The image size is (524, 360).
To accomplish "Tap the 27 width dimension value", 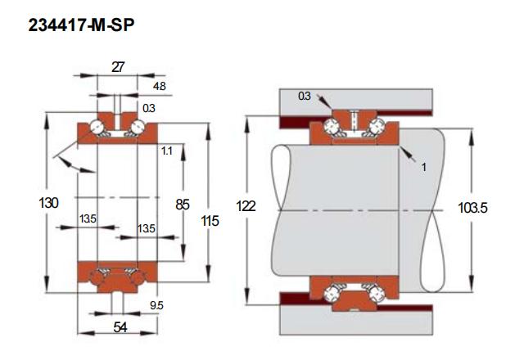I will [x=117, y=68].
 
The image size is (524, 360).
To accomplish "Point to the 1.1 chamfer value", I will [x=166, y=151].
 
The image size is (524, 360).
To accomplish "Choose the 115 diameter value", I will [x=210, y=221].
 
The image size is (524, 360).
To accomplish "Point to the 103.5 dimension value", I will [x=473, y=209].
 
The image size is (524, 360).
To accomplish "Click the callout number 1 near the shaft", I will [x=424, y=167].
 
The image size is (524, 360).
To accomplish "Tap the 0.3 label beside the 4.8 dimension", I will [x=148, y=108].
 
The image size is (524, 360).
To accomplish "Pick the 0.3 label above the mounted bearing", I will [x=305, y=97].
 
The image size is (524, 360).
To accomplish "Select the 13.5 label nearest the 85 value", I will [x=146, y=227].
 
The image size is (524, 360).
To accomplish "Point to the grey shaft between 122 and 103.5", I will [x=352, y=209].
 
